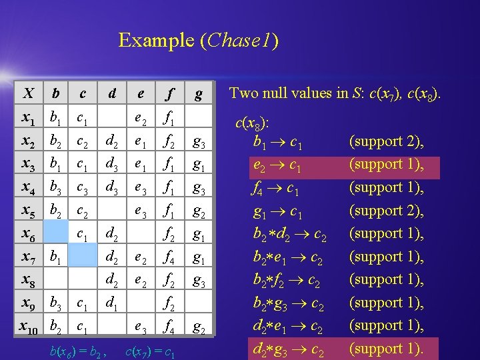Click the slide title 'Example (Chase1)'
click(198, 41)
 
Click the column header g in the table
click(197, 94)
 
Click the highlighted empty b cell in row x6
click(57, 233)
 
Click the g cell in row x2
click(197, 141)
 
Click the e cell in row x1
click(141, 119)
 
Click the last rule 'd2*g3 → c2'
click(289, 349)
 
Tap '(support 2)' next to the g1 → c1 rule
click(386, 211)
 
